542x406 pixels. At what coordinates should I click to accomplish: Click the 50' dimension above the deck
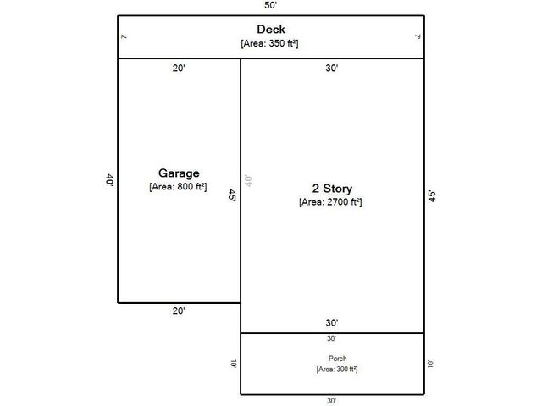click(x=270, y=6)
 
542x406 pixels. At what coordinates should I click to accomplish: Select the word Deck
click(x=270, y=30)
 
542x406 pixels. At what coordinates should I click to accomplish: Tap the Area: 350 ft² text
click(x=270, y=43)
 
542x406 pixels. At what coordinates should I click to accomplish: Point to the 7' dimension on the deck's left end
click(x=124, y=36)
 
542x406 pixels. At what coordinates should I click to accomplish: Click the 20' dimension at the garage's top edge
click(x=179, y=69)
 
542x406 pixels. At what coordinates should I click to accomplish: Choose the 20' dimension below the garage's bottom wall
click(x=179, y=311)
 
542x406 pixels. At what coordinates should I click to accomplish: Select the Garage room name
click(x=179, y=173)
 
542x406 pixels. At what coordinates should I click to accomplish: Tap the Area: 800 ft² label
click(x=179, y=186)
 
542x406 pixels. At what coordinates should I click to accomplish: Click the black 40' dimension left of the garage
click(x=109, y=180)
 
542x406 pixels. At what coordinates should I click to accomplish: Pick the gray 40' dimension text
click(x=249, y=181)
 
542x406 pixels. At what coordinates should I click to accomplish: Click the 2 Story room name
click(x=331, y=188)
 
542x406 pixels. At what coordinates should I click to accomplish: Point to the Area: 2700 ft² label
click(x=331, y=202)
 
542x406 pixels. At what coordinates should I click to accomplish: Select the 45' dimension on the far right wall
click(x=432, y=195)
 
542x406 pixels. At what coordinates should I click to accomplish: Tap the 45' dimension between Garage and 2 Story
click(x=233, y=195)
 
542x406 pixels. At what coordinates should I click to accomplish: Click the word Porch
click(x=331, y=359)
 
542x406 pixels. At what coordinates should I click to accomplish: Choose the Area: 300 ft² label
click(x=331, y=370)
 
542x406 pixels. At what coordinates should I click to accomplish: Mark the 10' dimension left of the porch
click(x=233, y=364)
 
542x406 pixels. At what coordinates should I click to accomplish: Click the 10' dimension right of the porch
click(x=430, y=364)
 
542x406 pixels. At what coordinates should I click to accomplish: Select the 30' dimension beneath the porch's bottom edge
click(x=331, y=401)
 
